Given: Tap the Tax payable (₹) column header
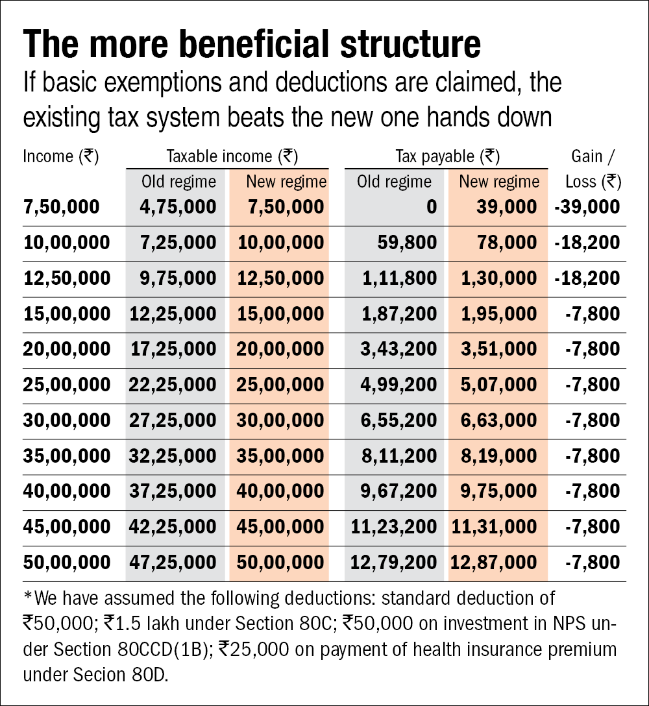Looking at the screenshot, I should tap(447, 156).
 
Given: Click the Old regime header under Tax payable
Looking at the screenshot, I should tap(394, 182).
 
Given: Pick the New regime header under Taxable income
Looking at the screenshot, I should tap(286, 182).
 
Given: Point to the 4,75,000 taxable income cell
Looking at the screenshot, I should tap(178, 207).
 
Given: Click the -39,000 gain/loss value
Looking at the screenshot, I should tap(587, 207).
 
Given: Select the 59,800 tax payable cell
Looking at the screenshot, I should tap(407, 243).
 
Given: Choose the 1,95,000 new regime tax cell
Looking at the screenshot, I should tap(498, 314).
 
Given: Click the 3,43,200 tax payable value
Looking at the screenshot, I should tap(398, 349).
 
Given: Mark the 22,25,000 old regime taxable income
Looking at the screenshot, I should tap(173, 385).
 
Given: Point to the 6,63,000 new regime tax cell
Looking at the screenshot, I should tap(498, 420).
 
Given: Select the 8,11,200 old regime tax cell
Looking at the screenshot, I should tap(398, 456).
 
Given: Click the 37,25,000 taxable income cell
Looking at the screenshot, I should tap(173, 491).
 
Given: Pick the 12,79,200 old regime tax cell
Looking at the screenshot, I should tap(393, 562).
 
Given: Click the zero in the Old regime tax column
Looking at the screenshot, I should tap(432, 207).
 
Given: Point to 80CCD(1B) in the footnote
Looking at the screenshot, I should tap(163, 648).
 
